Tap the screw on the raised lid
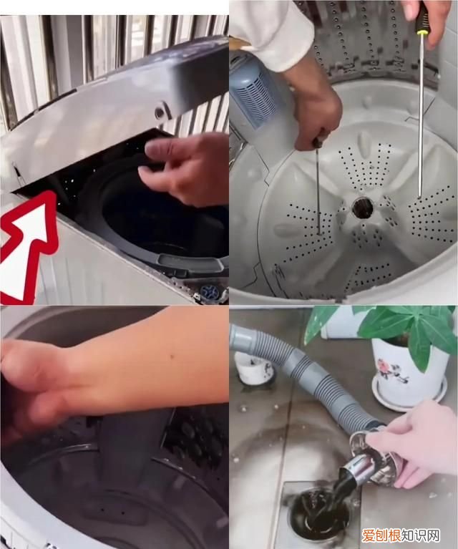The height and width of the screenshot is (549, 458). pos(161,112)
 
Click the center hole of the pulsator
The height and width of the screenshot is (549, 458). pos(363,208)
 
